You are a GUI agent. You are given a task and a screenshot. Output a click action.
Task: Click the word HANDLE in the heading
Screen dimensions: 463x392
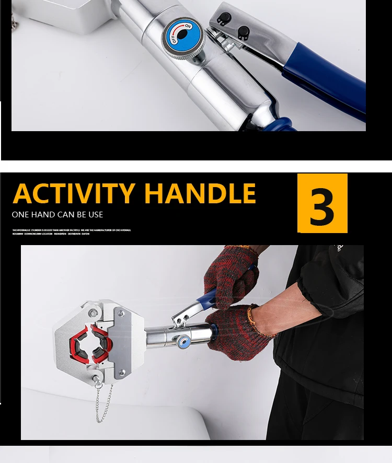[x=200, y=193]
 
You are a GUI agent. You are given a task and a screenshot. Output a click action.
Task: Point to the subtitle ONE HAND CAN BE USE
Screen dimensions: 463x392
[x=57, y=215]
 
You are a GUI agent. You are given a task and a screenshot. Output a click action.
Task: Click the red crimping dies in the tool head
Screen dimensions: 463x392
[x=90, y=343]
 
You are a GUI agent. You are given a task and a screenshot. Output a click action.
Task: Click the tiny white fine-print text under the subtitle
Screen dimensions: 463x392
[x=72, y=231]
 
